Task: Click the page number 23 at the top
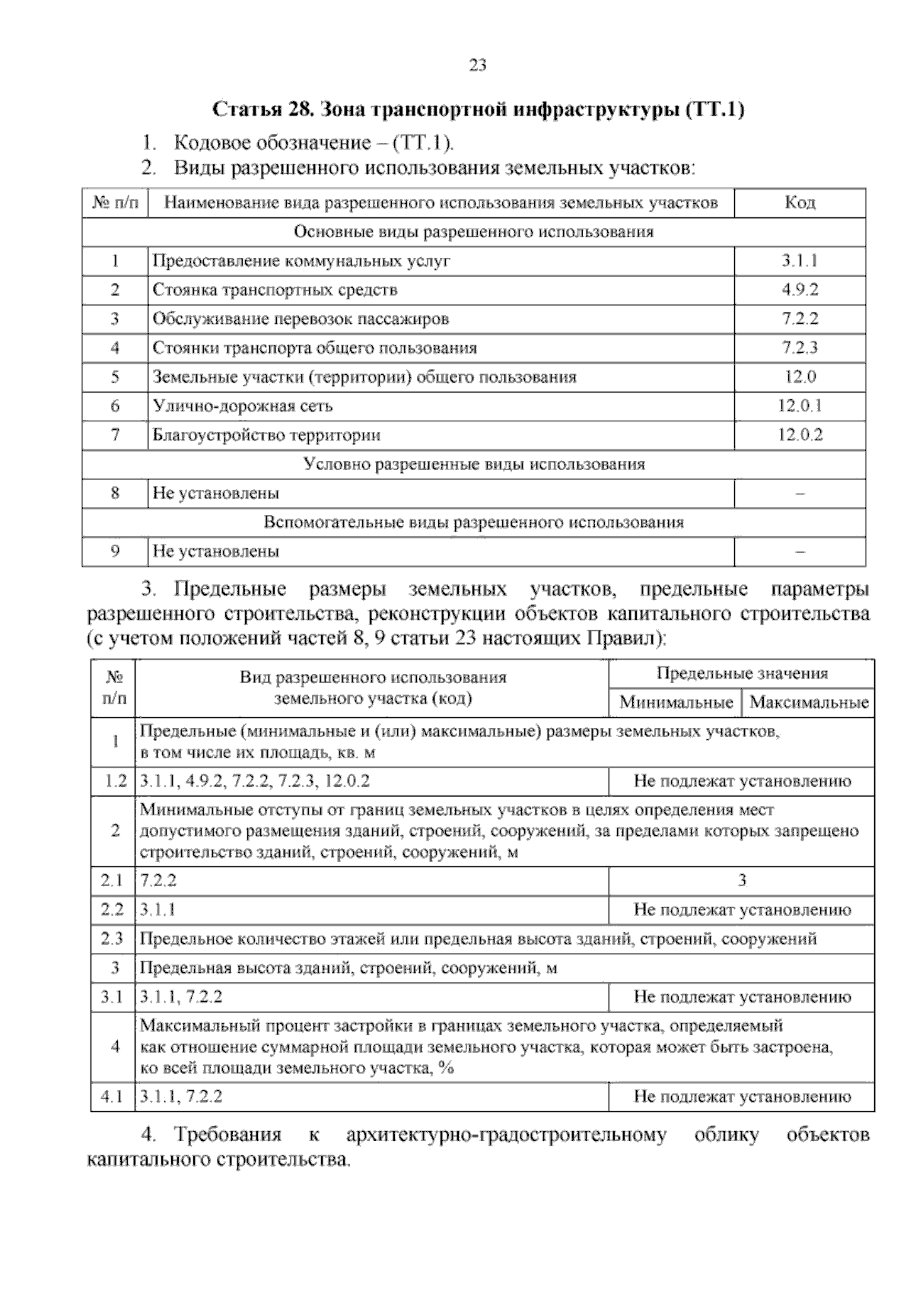(x=478, y=65)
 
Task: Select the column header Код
(x=800, y=202)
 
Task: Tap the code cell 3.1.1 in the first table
(x=800, y=261)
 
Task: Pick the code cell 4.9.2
(x=800, y=290)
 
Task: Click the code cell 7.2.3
(x=800, y=348)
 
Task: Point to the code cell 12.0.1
(x=800, y=406)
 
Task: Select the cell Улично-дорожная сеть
(x=243, y=406)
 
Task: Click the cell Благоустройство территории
(x=266, y=436)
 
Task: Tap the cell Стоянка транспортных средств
(x=275, y=290)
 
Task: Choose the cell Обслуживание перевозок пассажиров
(x=301, y=319)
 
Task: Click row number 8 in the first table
(x=115, y=493)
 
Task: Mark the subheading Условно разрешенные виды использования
(x=474, y=464)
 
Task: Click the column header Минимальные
(x=676, y=702)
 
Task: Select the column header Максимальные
(x=809, y=702)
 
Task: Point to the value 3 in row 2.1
(x=742, y=881)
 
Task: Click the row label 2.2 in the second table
(x=112, y=910)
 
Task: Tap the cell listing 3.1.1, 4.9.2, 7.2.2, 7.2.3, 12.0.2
(x=255, y=781)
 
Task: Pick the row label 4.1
(x=112, y=1097)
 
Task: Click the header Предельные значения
(x=742, y=673)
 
